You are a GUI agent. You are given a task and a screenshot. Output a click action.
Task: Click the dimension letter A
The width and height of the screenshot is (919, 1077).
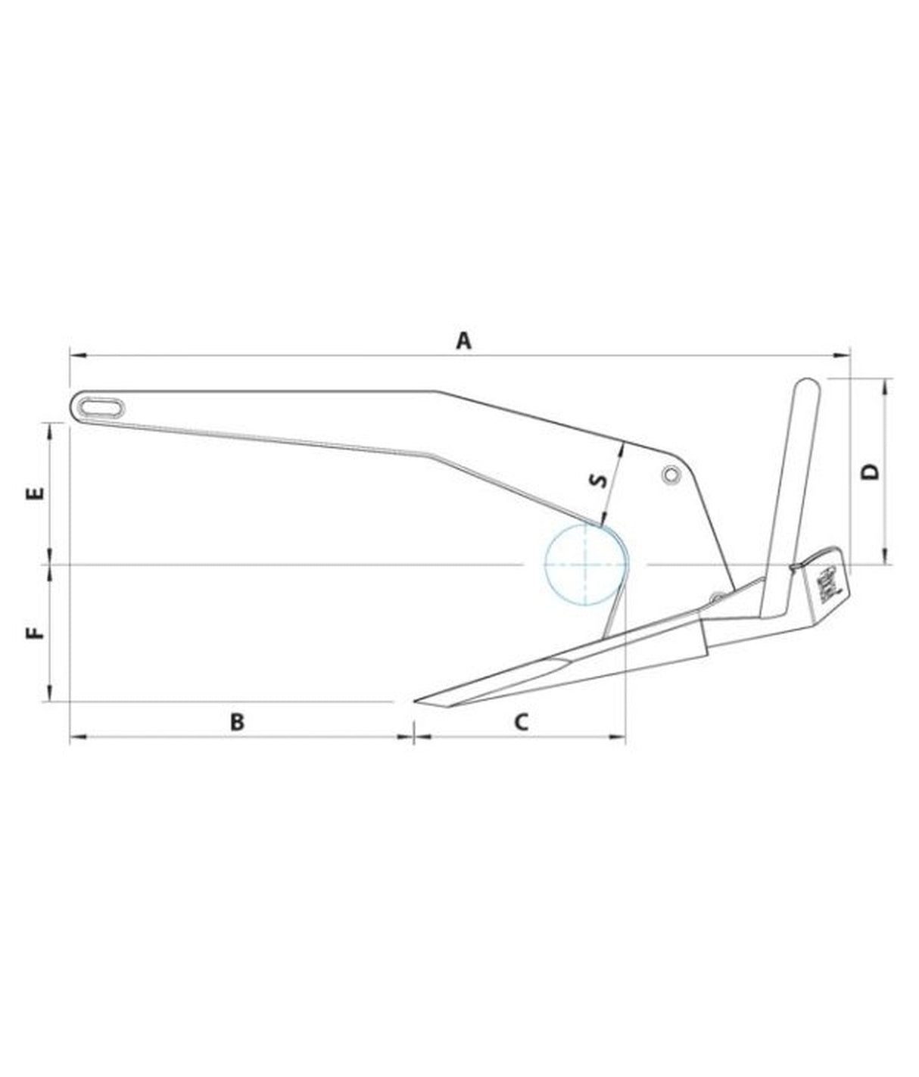click(463, 341)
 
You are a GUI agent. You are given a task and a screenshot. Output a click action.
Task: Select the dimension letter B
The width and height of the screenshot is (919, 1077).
click(237, 722)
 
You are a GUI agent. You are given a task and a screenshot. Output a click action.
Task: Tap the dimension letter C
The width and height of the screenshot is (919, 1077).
click(521, 722)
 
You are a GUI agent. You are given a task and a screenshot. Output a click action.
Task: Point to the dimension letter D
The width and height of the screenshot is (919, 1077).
click(871, 472)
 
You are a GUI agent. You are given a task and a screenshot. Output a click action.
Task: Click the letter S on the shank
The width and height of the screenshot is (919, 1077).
click(598, 481)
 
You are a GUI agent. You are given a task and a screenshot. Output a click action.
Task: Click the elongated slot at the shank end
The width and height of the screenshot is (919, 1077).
click(101, 406)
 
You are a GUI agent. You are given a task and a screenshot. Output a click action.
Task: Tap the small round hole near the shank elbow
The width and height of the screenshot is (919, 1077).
click(669, 475)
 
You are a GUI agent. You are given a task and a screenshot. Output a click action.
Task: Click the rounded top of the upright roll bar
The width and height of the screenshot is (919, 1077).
click(805, 386)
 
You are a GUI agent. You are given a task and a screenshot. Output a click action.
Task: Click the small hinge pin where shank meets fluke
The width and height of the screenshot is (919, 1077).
click(715, 596)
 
